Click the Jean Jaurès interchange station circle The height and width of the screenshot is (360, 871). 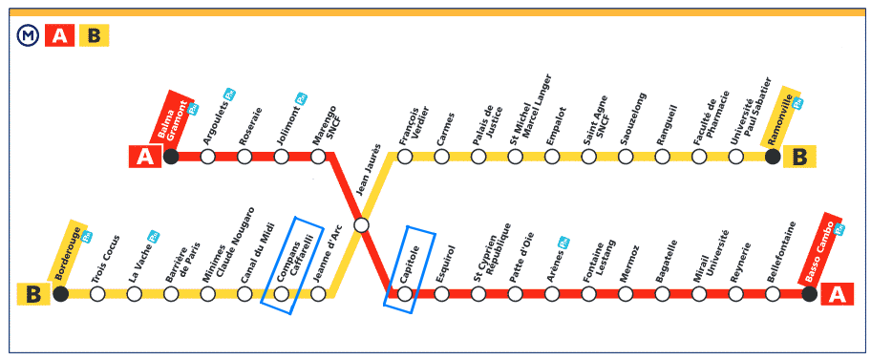(x=361, y=225)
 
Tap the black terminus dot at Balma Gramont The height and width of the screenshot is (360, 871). (x=171, y=157)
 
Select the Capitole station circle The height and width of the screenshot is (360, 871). (x=405, y=293)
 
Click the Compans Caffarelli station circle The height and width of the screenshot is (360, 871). (x=282, y=293)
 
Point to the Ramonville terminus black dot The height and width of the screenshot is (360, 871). (x=773, y=157)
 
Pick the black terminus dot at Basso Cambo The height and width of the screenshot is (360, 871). (x=809, y=293)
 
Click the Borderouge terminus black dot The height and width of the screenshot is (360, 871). (x=60, y=293)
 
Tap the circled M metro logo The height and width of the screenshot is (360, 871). (x=26, y=36)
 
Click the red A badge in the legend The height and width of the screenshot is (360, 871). (x=60, y=36)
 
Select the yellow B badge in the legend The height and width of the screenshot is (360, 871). (x=95, y=36)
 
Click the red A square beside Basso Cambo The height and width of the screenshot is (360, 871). (x=837, y=294)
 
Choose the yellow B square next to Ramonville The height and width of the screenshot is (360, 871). (x=799, y=157)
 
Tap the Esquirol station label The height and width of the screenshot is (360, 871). (x=445, y=265)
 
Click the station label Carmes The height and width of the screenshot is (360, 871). (x=445, y=130)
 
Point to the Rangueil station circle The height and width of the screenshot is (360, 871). (x=662, y=157)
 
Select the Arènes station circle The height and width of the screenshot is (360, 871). (x=552, y=293)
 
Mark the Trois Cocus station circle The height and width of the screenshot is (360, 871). (x=97, y=293)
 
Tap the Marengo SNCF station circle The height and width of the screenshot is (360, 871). (x=318, y=157)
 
